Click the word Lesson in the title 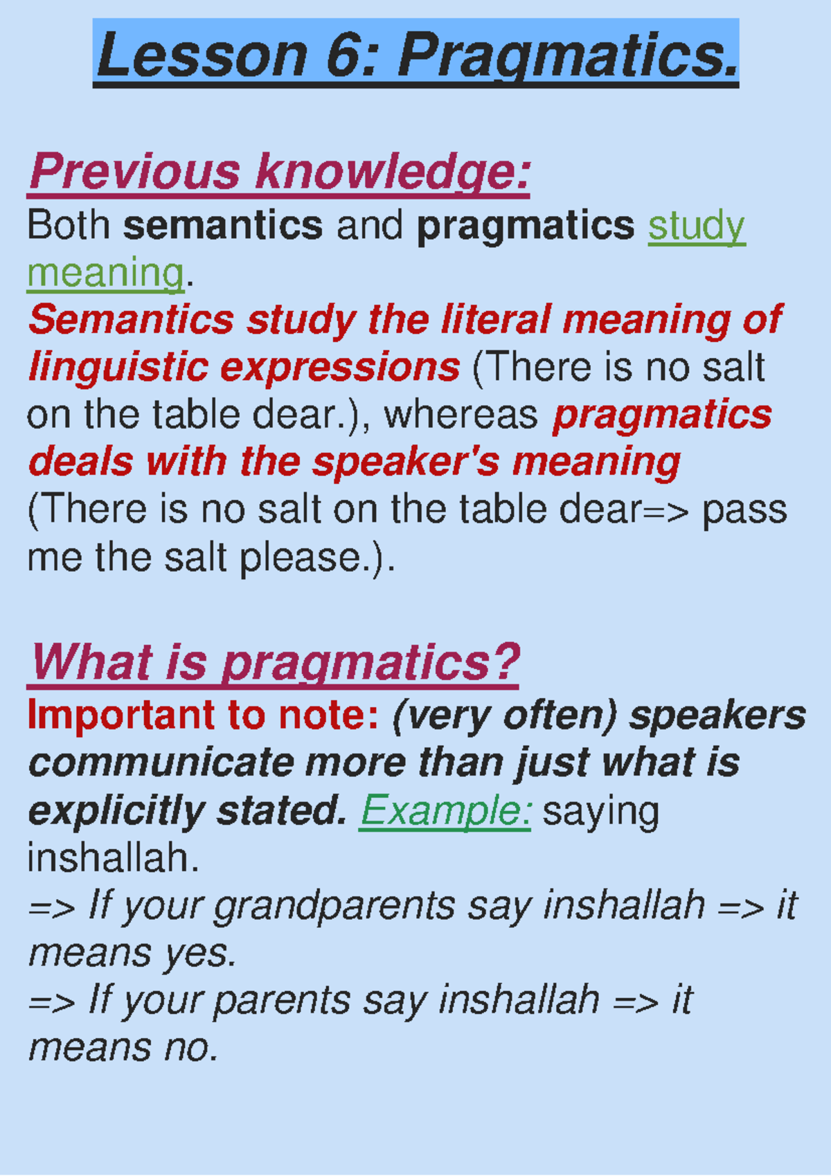tap(202, 55)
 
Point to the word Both tap(69, 225)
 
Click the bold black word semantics tap(222, 226)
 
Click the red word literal tap(496, 320)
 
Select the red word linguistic tap(118, 368)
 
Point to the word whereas tap(461, 416)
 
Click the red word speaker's tap(405, 463)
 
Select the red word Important tap(121, 715)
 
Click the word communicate tap(161, 763)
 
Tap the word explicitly tap(116, 812)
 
